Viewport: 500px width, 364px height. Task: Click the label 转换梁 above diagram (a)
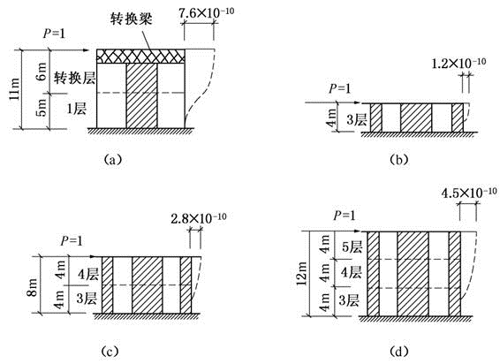(131, 19)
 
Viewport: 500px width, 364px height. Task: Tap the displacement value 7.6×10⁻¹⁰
(206, 13)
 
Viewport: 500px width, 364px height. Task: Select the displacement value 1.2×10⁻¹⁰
(458, 63)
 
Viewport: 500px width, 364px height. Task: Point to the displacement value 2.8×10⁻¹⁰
(199, 218)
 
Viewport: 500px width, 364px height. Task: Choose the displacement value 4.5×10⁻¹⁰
(469, 193)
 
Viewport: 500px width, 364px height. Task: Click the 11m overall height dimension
(14, 89)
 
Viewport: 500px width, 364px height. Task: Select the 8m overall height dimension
(32, 287)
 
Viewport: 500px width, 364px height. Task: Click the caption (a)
(113, 159)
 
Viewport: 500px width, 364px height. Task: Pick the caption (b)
(399, 159)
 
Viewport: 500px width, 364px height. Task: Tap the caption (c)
(110, 352)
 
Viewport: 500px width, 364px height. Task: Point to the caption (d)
(399, 352)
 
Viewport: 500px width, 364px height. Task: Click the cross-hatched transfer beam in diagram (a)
(140, 57)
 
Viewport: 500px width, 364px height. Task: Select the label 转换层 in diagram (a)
(74, 78)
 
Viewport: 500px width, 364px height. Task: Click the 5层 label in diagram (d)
(352, 246)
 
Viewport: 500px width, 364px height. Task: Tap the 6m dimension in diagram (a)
(42, 71)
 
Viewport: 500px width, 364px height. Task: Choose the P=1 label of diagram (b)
(339, 88)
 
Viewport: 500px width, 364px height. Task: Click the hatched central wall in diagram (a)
(142, 95)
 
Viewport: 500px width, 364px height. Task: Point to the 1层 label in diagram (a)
(77, 109)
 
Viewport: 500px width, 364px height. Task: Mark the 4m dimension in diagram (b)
(331, 118)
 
